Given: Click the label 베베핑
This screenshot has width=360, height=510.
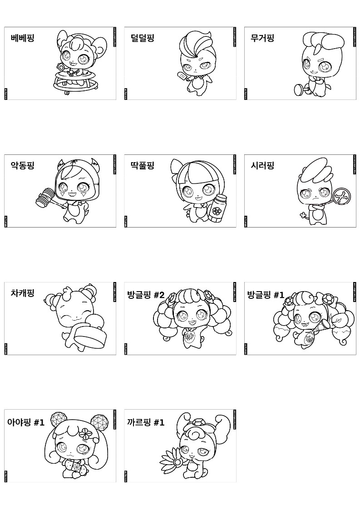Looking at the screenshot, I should coord(22,38).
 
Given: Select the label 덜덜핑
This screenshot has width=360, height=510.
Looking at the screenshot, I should coord(142,38).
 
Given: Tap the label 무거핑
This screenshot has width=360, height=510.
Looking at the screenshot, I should coord(262,38).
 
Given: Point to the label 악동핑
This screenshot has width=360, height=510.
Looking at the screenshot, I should coord(22,165).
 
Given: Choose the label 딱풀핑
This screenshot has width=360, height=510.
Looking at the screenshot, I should coord(142,165).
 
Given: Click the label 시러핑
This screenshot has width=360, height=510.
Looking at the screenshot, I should coord(262,165).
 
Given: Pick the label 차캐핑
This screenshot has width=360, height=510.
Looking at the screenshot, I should coord(22,293).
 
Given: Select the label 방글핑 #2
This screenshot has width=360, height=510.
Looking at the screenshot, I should coord(146,295).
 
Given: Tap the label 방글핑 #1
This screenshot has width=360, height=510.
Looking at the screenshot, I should coord(266,295).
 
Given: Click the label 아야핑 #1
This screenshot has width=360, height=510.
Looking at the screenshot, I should coord(26,423).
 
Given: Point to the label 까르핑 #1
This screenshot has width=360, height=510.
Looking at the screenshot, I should coord(146,423).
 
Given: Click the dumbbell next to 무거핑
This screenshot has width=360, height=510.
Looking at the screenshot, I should coord(301,89).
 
